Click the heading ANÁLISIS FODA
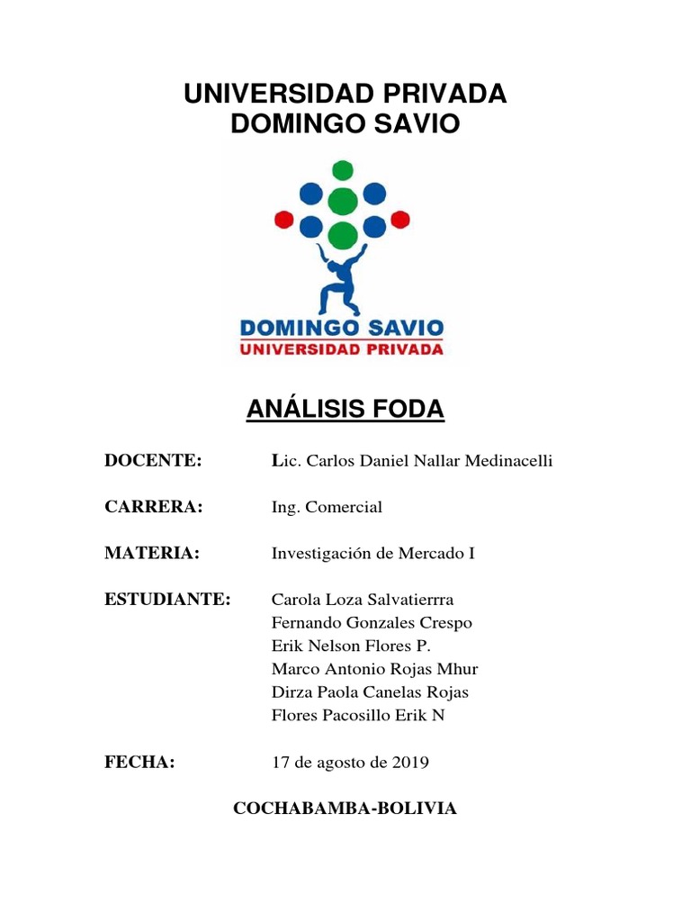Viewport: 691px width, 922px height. pyautogui.click(x=345, y=410)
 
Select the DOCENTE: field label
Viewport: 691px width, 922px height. pyautogui.click(x=153, y=461)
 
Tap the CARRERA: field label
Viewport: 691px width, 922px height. pyautogui.click(x=154, y=507)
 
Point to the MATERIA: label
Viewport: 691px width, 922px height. pyautogui.click(x=151, y=554)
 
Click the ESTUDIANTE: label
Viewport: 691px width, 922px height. pyautogui.click(x=168, y=600)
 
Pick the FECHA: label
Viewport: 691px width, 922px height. pyautogui.click(x=139, y=763)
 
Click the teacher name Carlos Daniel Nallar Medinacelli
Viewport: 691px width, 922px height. pyautogui.click(x=412, y=461)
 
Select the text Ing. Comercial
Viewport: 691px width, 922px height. pyautogui.click(x=327, y=507)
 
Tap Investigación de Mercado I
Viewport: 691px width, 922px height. pyautogui.click(x=372, y=554)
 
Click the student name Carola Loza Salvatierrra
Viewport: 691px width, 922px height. pyautogui.click(x=363, y=600)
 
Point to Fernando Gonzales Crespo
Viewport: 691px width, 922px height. pyautogui.click(x=372, y=623)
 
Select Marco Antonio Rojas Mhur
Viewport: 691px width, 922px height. pyautogui.click(x=374, y=669)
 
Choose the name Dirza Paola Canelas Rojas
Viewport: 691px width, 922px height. pyautogui.click(x=370, y=692)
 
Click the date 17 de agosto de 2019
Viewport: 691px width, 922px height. pyautogui.click(x=350, y=763)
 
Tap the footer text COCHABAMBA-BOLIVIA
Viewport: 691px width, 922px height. pyautogui.click(x=345, y=809)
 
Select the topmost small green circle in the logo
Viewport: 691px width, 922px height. pyautogui.click(x=342, y=169)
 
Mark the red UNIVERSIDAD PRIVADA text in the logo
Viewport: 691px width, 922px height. pyautogui.click(x=341, y=348)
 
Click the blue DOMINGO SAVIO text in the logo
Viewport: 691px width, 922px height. pyautogui.click(x=341, y=327)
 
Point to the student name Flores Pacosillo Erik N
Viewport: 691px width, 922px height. pyautogui.click(x=357, y=716)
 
